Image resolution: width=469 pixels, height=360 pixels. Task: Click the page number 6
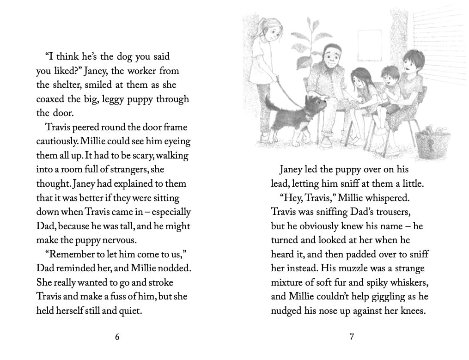[117, 337]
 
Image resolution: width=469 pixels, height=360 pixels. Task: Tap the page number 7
[352, 337]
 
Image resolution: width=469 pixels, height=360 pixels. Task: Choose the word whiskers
[404, 283]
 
